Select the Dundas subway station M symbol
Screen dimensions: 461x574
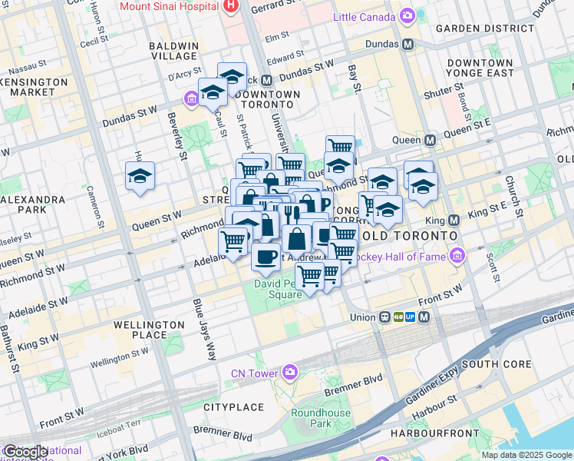click(x=407, y=45)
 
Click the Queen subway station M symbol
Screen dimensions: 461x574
click(x=430, y=141)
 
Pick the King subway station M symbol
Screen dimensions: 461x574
click(x=454, y=219)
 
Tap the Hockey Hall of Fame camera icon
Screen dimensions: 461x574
click(x=458, y=254)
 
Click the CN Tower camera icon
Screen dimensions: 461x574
click(x=289, y=373)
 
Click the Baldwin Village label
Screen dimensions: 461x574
click(x=173, y=51)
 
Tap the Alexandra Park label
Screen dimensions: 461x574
click(x=32, y=204)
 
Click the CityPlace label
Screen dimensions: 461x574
click(x=233, y=406)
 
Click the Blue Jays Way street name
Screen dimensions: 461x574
click(x=203, y=329)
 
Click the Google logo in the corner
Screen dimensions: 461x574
click(x=25, y=452)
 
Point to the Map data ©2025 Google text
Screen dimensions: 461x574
click(x=526, y=455)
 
